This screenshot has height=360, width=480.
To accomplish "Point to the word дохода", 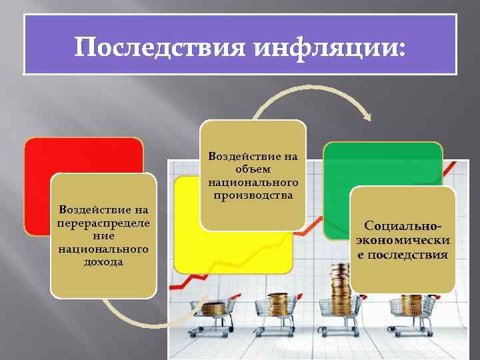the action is point(103,262).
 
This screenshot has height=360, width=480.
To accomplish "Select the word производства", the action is point(253,195).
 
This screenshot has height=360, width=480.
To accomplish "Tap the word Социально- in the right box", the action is point(403,227).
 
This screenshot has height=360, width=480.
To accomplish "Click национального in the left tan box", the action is point(103,249).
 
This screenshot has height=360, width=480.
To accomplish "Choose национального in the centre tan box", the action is point(253,182).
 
